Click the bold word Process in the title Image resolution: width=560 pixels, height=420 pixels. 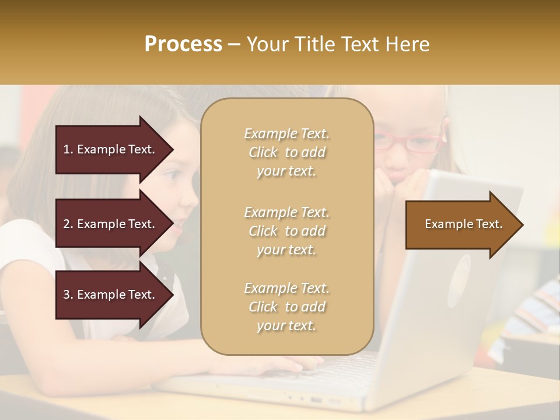[183, 44]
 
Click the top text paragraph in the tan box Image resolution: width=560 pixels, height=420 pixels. [286, 152]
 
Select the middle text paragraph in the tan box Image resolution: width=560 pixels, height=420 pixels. [286, 231]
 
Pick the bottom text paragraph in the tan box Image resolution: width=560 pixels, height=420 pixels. [286, 307]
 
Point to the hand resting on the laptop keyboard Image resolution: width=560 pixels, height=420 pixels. [274, 365]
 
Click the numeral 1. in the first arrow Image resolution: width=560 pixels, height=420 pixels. [68, 149]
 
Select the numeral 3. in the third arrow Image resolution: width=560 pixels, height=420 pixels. [68, 295]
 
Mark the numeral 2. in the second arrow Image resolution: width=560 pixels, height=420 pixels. [68, 224]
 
